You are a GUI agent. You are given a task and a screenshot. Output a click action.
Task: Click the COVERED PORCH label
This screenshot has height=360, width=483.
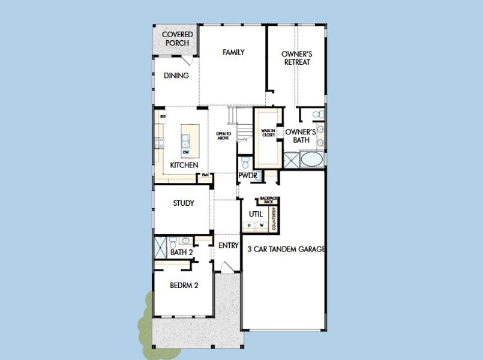(x=177, y=39)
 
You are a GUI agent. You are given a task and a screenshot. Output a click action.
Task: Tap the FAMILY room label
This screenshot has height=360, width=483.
(x=233, y=52)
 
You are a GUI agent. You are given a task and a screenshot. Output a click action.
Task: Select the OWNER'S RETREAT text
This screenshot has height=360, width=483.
(x=296, y=58)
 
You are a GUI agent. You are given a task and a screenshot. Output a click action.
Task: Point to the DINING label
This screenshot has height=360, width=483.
(x=176, y=76)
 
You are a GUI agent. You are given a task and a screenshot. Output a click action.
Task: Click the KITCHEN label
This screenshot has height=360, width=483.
(x=184, y=164)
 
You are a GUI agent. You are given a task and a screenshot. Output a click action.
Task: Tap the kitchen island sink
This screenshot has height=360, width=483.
(x=187, y=141)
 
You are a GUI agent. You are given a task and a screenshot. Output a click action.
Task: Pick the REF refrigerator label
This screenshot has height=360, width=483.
(x=162, y=116)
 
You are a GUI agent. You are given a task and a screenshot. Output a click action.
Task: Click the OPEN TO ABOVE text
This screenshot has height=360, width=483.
(x=223, y=136)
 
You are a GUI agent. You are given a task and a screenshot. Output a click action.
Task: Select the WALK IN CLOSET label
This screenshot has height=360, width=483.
(x=268, y=133)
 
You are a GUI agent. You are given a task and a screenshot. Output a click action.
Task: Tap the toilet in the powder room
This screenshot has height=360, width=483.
(x=245, y=163)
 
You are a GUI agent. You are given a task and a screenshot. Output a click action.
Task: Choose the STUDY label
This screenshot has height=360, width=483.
(x=183, y=203)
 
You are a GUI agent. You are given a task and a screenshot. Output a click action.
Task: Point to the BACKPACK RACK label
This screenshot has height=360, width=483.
(x=265, y=201)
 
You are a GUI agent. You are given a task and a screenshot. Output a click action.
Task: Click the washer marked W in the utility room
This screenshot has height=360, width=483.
(x=262, y=226)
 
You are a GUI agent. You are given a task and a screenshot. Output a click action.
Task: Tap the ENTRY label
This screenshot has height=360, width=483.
(x=228, y=245)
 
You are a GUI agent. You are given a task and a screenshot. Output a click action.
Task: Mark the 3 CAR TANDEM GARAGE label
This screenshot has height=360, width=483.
(x=286, y=249)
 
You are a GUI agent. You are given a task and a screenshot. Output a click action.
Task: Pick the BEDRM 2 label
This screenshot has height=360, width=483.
(x=183, y=286)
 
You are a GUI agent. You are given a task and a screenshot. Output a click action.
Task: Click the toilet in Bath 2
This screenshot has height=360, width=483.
(x=170, y=242)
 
